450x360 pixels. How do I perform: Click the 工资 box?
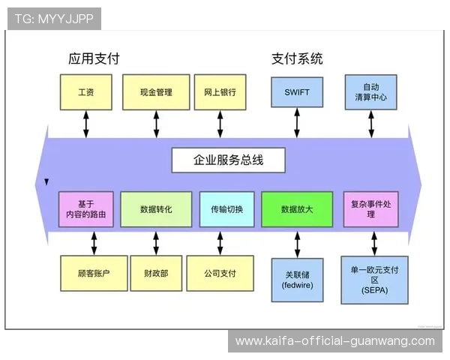pos(85,92)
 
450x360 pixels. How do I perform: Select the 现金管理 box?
pos(156,92)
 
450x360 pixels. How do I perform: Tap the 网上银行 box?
pos(220,92)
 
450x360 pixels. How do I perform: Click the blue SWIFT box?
pos(297,92)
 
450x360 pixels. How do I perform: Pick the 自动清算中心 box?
pos(370,92)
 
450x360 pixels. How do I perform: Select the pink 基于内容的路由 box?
pos(87,209)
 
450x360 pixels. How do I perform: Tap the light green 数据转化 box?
pos(156,209)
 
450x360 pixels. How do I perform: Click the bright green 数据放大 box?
pos(296,209)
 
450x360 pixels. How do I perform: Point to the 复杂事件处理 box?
pos(370,209)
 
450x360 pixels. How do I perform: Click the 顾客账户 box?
pos(94,274)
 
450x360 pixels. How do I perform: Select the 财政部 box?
pos(156,274)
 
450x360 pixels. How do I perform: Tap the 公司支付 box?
pos(220,274)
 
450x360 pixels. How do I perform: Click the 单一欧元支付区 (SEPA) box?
pos(373,279)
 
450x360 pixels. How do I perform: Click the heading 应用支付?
pos(94,58)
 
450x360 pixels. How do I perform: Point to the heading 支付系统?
pos(297,58)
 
